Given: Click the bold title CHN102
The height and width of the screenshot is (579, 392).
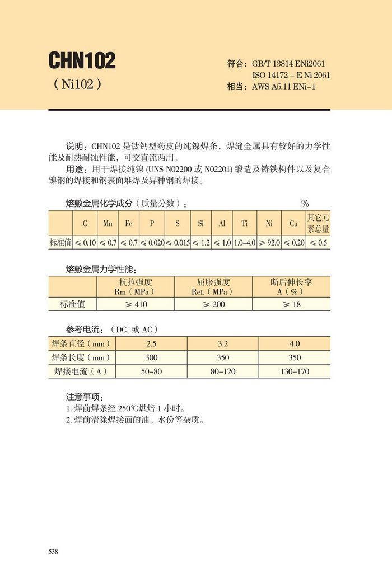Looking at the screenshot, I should click(x=82, y=61).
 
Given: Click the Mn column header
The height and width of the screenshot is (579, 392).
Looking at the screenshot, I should click(x=108, y=223).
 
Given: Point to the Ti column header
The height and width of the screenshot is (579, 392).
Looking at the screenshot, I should click(x=244, y=223).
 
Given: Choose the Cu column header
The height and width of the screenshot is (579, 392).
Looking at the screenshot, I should click(x=293, y=223).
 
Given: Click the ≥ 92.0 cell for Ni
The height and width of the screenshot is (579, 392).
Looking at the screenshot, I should click(x=269, y=243).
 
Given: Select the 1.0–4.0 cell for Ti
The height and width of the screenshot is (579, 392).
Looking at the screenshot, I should click(x=244, y=243).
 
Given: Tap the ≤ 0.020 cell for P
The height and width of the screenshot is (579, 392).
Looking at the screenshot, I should click(x=152, y=243).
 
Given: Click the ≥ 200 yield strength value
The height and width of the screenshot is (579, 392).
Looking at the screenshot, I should click(x=213, y=304).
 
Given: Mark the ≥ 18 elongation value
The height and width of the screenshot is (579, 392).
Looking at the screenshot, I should click(x=291, y=304).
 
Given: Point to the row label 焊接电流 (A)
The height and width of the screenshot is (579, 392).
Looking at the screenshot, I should click(x=80, y=371).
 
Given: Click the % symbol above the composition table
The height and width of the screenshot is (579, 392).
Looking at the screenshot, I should click(x=305, y=203).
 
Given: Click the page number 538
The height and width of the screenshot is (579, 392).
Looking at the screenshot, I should click(x=54, y=552).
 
